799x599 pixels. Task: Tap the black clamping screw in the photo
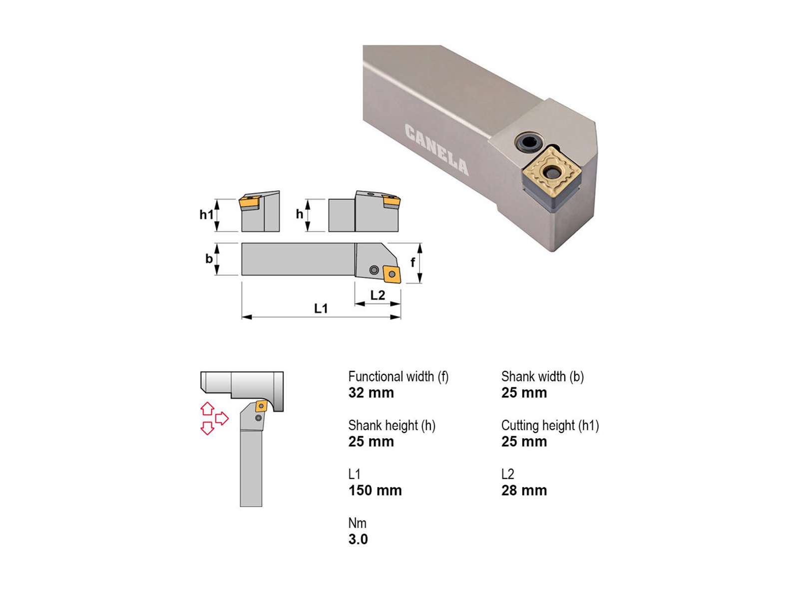tap(529, 143)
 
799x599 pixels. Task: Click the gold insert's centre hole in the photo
tap(552, 173)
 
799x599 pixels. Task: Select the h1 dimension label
tap(206, 215)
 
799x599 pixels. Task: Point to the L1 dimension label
tap(321, 308)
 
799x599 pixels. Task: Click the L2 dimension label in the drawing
tap(378, 296)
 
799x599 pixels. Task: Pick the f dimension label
tap(412, 262)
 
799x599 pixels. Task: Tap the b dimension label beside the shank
tap(209, 259)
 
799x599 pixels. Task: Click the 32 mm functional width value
tap(371, 393)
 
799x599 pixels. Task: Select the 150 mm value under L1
tap(375, 491)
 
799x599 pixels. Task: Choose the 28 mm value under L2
tap(524, 491)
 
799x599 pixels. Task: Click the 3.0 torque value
tap(358, 540)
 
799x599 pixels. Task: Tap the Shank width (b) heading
tap(542, 376)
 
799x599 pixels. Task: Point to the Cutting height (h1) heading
tap(550, 425)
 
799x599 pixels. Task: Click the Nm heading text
tap(357, 523)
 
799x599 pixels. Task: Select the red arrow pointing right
tap(222, 418)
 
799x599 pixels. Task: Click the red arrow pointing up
tap(207, 409)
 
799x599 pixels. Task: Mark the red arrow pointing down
tap(207, 428)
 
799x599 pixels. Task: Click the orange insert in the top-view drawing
tap(392, 274)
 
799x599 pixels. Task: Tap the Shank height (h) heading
tap(392, 425)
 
